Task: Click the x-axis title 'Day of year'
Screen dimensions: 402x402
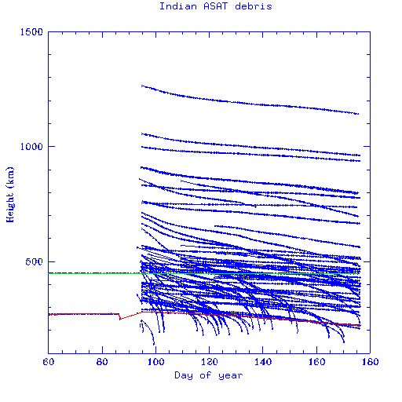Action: (x=207, y=375)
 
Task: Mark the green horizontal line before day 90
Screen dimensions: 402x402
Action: (x=94, y=273)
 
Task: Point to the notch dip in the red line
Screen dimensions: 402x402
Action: (x=119, y=318)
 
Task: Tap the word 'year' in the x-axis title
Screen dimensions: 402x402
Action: (x=230, y=375)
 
